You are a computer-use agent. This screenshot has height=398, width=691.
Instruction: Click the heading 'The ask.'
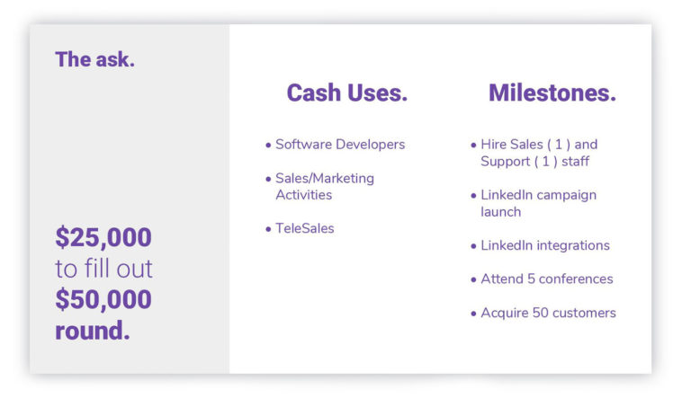[94, 59]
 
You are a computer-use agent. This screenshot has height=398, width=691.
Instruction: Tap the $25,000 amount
[103, 237]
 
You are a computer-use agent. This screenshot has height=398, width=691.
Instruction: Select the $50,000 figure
[103, 299]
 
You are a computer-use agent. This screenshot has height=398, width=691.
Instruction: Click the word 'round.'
[93, 331]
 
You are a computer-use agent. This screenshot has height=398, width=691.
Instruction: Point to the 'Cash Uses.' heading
[346, 93]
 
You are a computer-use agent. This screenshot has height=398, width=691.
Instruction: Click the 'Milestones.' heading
[552, 93]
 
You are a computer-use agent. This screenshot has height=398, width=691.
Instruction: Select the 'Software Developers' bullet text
[340, 145]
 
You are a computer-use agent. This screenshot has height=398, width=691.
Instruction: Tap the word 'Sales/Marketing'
[325, 178]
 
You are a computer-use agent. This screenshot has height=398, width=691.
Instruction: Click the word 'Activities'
[303, 195]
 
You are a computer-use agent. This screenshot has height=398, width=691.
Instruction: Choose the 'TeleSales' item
[304, 228]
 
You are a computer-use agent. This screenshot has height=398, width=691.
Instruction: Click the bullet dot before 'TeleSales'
[268, 229]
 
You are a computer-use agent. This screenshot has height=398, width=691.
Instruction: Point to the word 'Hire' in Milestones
[493, 145]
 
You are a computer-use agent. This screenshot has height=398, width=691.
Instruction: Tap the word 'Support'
[505, 162]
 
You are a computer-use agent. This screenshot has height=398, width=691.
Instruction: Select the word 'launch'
[500, 212]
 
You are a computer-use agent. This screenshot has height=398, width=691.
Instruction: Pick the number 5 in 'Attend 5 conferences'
[531, 279]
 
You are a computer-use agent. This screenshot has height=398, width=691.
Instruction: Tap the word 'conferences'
[576, 279]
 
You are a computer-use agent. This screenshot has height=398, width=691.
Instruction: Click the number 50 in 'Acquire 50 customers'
[540, 313]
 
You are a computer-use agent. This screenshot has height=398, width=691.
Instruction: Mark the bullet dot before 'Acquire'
[473, 314]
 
